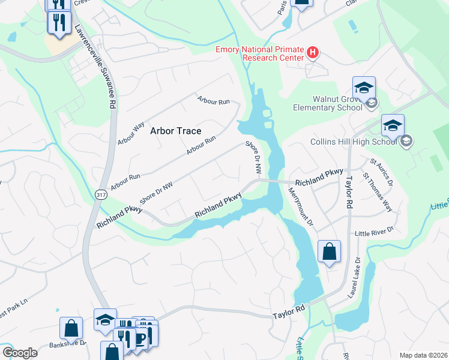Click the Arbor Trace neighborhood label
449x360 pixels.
pos(175,131)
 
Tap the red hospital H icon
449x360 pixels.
pos(312,53)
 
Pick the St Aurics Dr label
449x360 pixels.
pos(381,172)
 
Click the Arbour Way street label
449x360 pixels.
pos(131,133)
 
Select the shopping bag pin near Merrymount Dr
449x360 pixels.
pos(329,251)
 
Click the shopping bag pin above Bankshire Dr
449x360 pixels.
pos(71,328)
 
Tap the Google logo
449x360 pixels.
pos(19,353)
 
